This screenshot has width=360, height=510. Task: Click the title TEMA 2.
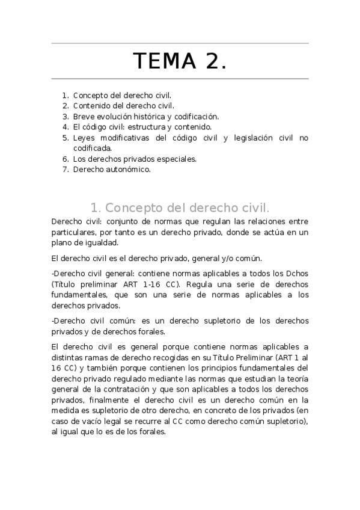[x=180, y=61]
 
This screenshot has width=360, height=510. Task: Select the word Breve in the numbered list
[x=84, y=117]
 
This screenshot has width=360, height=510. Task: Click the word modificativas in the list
[x=124, y=138]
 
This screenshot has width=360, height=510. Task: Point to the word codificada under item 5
[x=92, y=148]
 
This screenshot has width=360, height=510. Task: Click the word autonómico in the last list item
[x=127, y=170]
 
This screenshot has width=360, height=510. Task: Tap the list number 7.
[x=66, y=170]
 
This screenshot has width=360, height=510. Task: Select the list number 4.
[x=66, y=127]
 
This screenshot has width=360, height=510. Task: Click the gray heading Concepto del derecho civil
[x=180, y=208]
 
